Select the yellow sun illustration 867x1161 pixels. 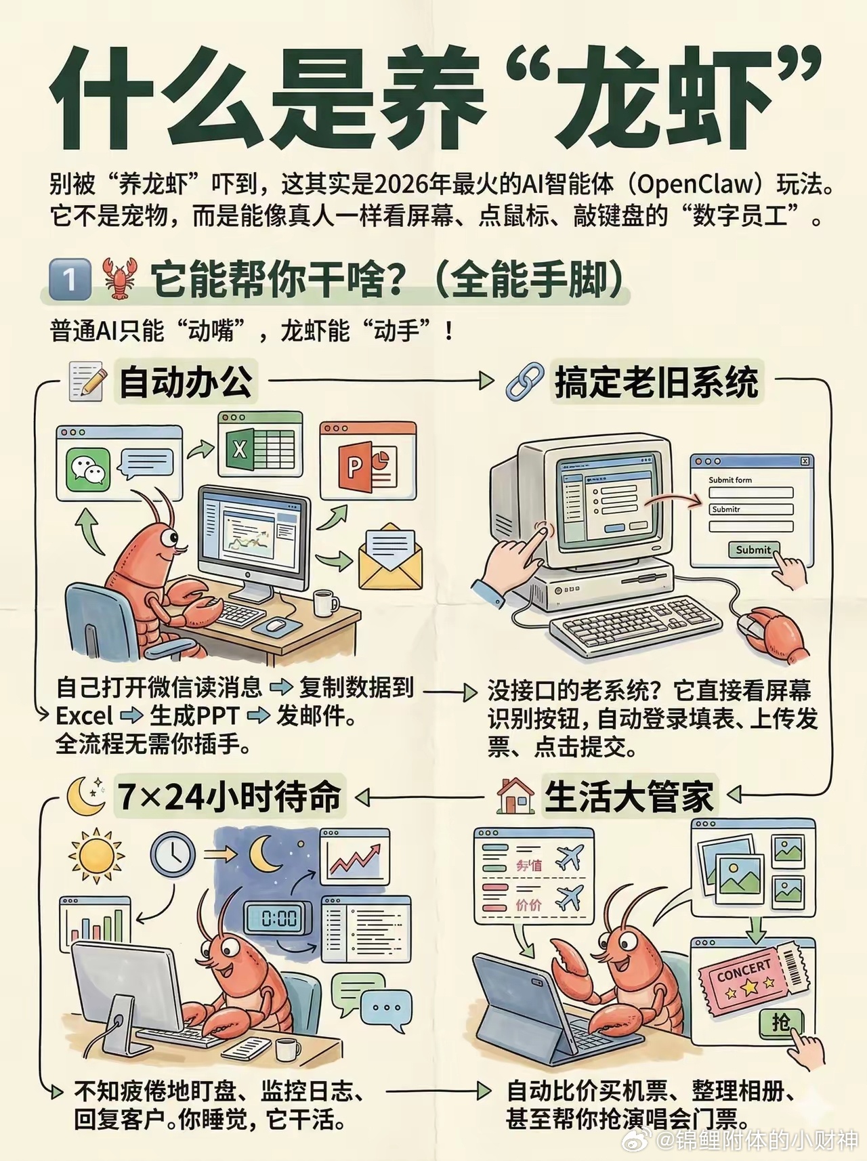tap(96, 855)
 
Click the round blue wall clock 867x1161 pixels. tap(172, 853)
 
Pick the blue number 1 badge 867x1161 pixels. tap(70, 279)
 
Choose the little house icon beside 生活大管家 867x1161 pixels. tap(515, 796)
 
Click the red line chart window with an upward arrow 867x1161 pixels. tap(355, 857)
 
